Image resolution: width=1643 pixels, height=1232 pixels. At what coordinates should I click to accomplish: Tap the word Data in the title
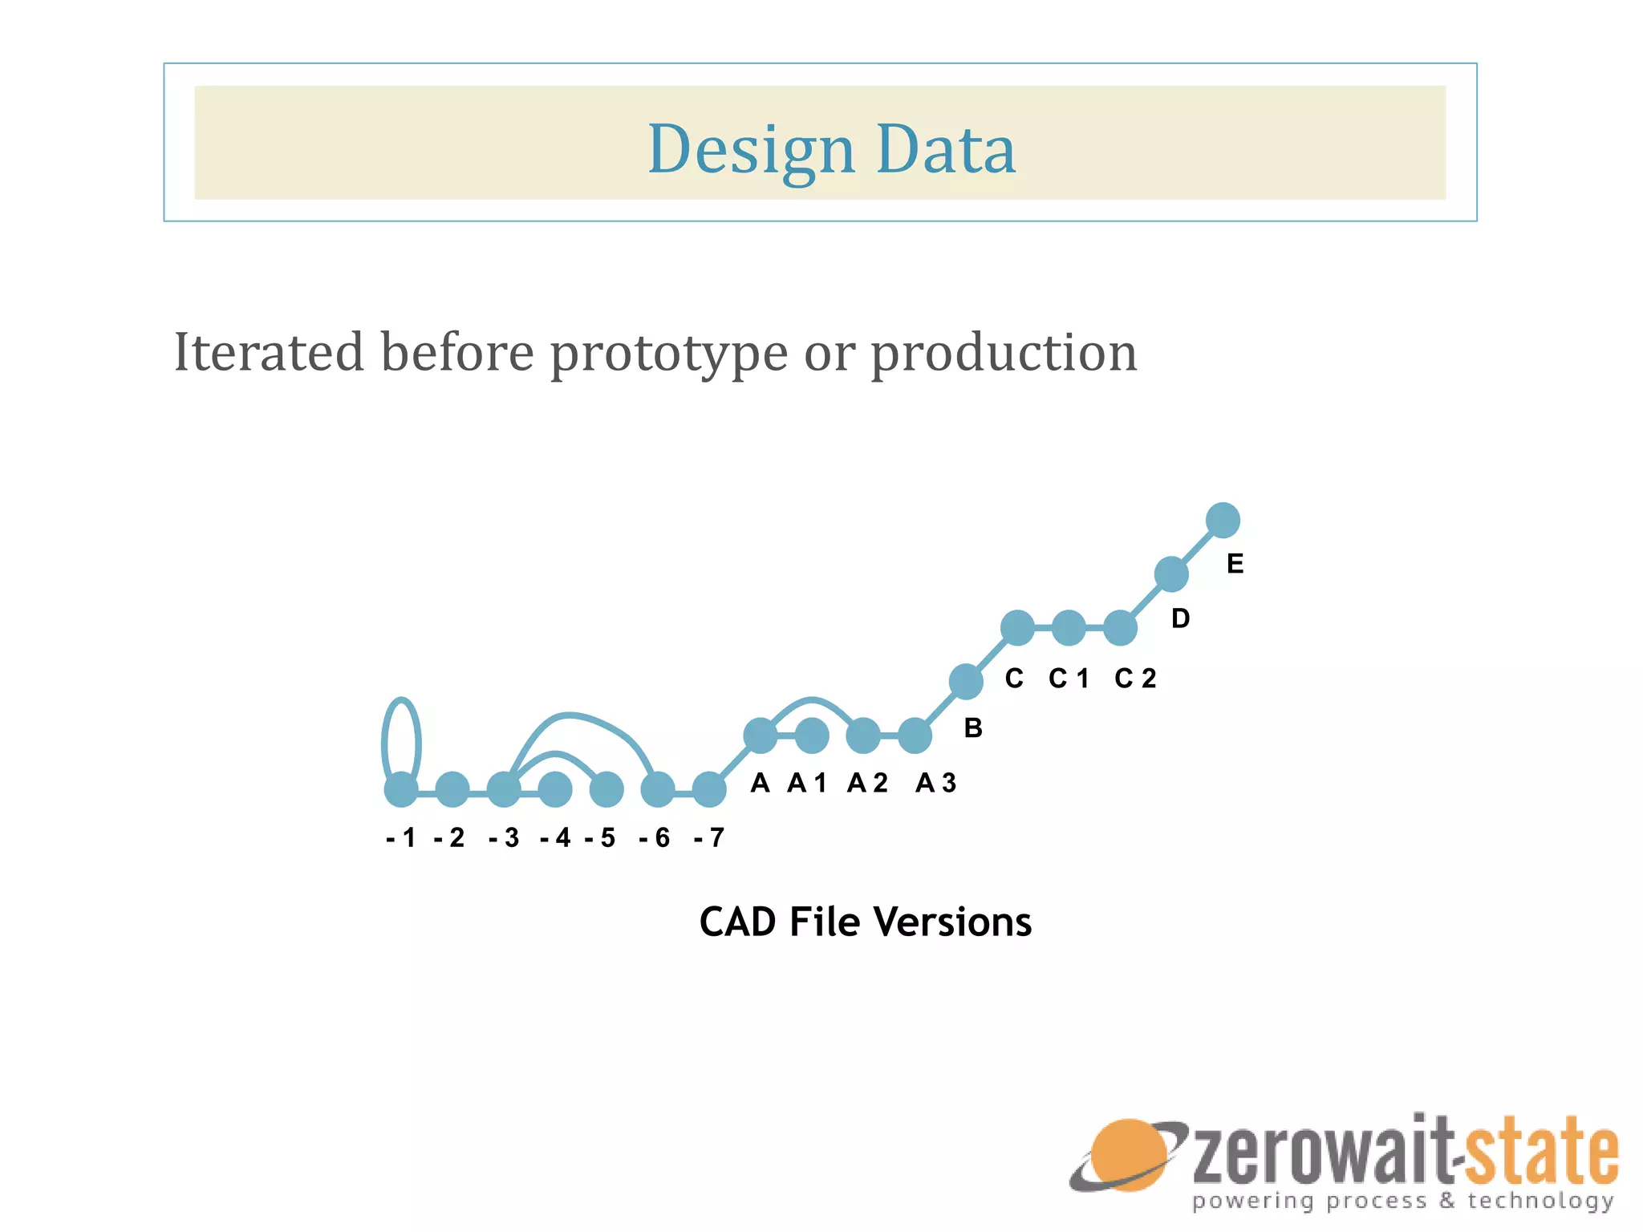[946, 150]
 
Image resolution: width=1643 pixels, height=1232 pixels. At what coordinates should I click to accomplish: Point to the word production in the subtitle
[1004, 354]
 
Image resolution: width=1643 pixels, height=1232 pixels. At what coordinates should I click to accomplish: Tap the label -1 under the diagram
[401, 838]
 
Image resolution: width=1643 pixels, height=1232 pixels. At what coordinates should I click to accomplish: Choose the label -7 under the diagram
[710, 838]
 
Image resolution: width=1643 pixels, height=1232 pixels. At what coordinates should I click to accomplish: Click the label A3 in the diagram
[936, 783]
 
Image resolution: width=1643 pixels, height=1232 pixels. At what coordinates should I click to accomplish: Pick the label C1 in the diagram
[1069, 679]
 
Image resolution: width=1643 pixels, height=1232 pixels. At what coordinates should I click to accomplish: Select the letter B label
[973, 728]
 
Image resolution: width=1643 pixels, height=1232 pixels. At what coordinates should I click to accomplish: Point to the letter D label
[1180, 618]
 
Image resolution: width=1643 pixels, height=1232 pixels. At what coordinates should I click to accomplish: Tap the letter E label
[1235, 564]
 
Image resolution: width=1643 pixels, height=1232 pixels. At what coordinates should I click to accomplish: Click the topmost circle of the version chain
[1223, 520]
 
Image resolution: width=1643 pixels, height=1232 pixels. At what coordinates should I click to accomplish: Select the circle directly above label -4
[555, 789]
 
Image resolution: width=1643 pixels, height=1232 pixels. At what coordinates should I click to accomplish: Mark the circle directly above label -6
[658, 789]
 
